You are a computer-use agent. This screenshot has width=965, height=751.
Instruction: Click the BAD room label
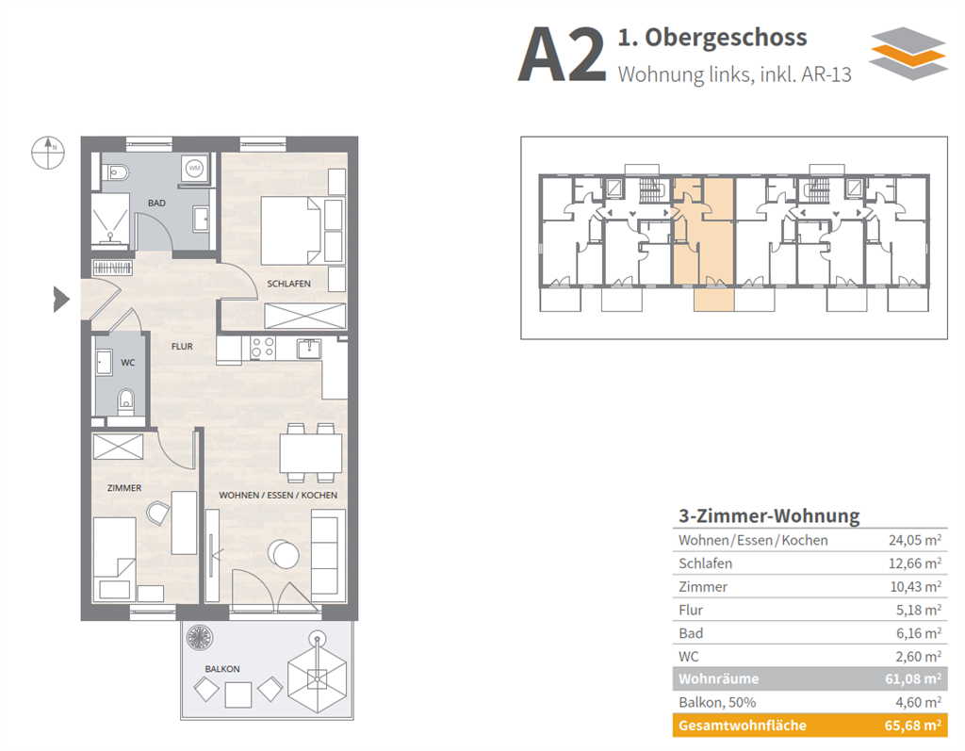tap(156, 203)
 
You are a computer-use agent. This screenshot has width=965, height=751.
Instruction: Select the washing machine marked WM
tap(195, 169)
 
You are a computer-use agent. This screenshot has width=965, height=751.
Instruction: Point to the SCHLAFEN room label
tap(288, 283)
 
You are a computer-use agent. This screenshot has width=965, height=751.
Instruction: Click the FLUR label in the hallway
tap(182, 346)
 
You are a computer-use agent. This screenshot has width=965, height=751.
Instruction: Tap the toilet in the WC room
tap(125, 403)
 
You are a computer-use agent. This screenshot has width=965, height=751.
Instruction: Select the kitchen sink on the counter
tap(308, 349)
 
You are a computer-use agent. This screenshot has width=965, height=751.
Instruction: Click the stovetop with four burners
tap(262, 349)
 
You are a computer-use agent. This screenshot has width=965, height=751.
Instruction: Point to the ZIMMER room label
tap(124, 487)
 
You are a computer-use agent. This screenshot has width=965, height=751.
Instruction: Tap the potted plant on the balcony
tap(200, 638)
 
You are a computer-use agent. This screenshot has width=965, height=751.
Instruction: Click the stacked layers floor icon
tap(907, 53)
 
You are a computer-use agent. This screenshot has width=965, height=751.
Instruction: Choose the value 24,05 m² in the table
tap(914, 540)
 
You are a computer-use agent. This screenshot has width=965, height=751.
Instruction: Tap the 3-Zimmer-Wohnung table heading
tap(769, 515)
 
